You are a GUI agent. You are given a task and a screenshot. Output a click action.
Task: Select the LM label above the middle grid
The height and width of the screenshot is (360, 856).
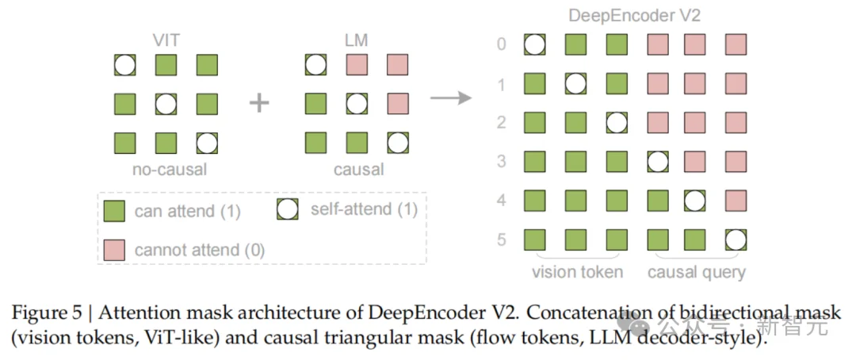point(357,40)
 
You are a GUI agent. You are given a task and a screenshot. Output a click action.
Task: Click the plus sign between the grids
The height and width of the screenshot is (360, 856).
point(260,103)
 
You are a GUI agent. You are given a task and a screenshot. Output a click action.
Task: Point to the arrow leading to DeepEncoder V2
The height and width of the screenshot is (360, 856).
point(450,98)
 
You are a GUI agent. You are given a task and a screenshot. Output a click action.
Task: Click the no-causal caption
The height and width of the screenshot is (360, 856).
point(166,169)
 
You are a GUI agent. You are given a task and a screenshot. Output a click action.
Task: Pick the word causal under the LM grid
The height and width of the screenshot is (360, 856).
point(357,169)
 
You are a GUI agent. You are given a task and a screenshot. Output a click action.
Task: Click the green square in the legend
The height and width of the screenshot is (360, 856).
point(114,211)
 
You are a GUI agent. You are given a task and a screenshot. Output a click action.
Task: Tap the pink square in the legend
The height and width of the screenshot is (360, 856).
point(114,249)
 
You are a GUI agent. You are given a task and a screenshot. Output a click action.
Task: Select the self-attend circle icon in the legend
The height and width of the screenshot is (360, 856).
point(288,209)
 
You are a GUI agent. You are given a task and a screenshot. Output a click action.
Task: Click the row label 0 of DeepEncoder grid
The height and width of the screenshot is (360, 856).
point(501,44)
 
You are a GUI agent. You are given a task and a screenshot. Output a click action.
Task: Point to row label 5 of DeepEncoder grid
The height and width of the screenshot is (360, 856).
point(501,239)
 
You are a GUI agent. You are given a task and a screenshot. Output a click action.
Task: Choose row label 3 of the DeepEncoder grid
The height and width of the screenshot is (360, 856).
point(501,162)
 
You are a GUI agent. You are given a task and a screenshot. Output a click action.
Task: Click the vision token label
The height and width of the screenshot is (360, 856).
point(576,272)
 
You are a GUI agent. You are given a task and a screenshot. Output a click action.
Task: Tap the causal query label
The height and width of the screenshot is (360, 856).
point(697,272)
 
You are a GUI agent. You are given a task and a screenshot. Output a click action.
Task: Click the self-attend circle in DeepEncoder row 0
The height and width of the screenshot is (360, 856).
point(535,44)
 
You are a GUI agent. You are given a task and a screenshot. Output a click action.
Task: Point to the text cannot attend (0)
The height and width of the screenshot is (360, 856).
point(200,250)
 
